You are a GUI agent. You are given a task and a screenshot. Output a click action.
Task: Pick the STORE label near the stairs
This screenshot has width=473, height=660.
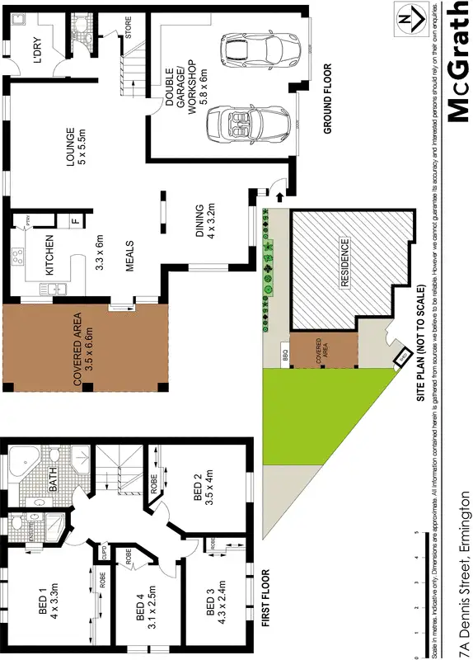pyautogui.click(x=128, y=28)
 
